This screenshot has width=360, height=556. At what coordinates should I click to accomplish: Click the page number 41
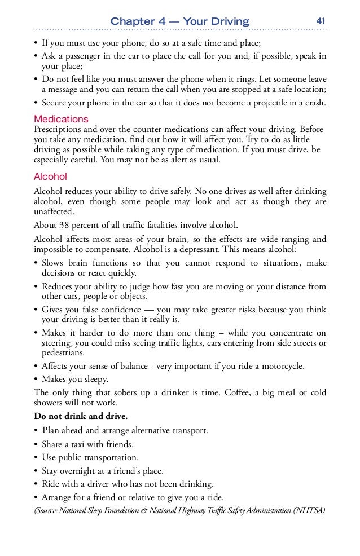click(321, 21)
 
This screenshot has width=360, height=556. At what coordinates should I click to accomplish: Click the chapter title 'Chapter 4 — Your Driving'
click(179, 22)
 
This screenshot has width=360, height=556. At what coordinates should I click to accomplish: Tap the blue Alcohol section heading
click(50, 176)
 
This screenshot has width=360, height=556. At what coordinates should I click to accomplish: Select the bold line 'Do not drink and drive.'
click(81, 417)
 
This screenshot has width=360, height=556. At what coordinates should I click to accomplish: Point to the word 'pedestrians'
click(63, 353)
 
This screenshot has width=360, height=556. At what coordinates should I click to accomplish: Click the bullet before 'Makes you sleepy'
click(36, 379)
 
